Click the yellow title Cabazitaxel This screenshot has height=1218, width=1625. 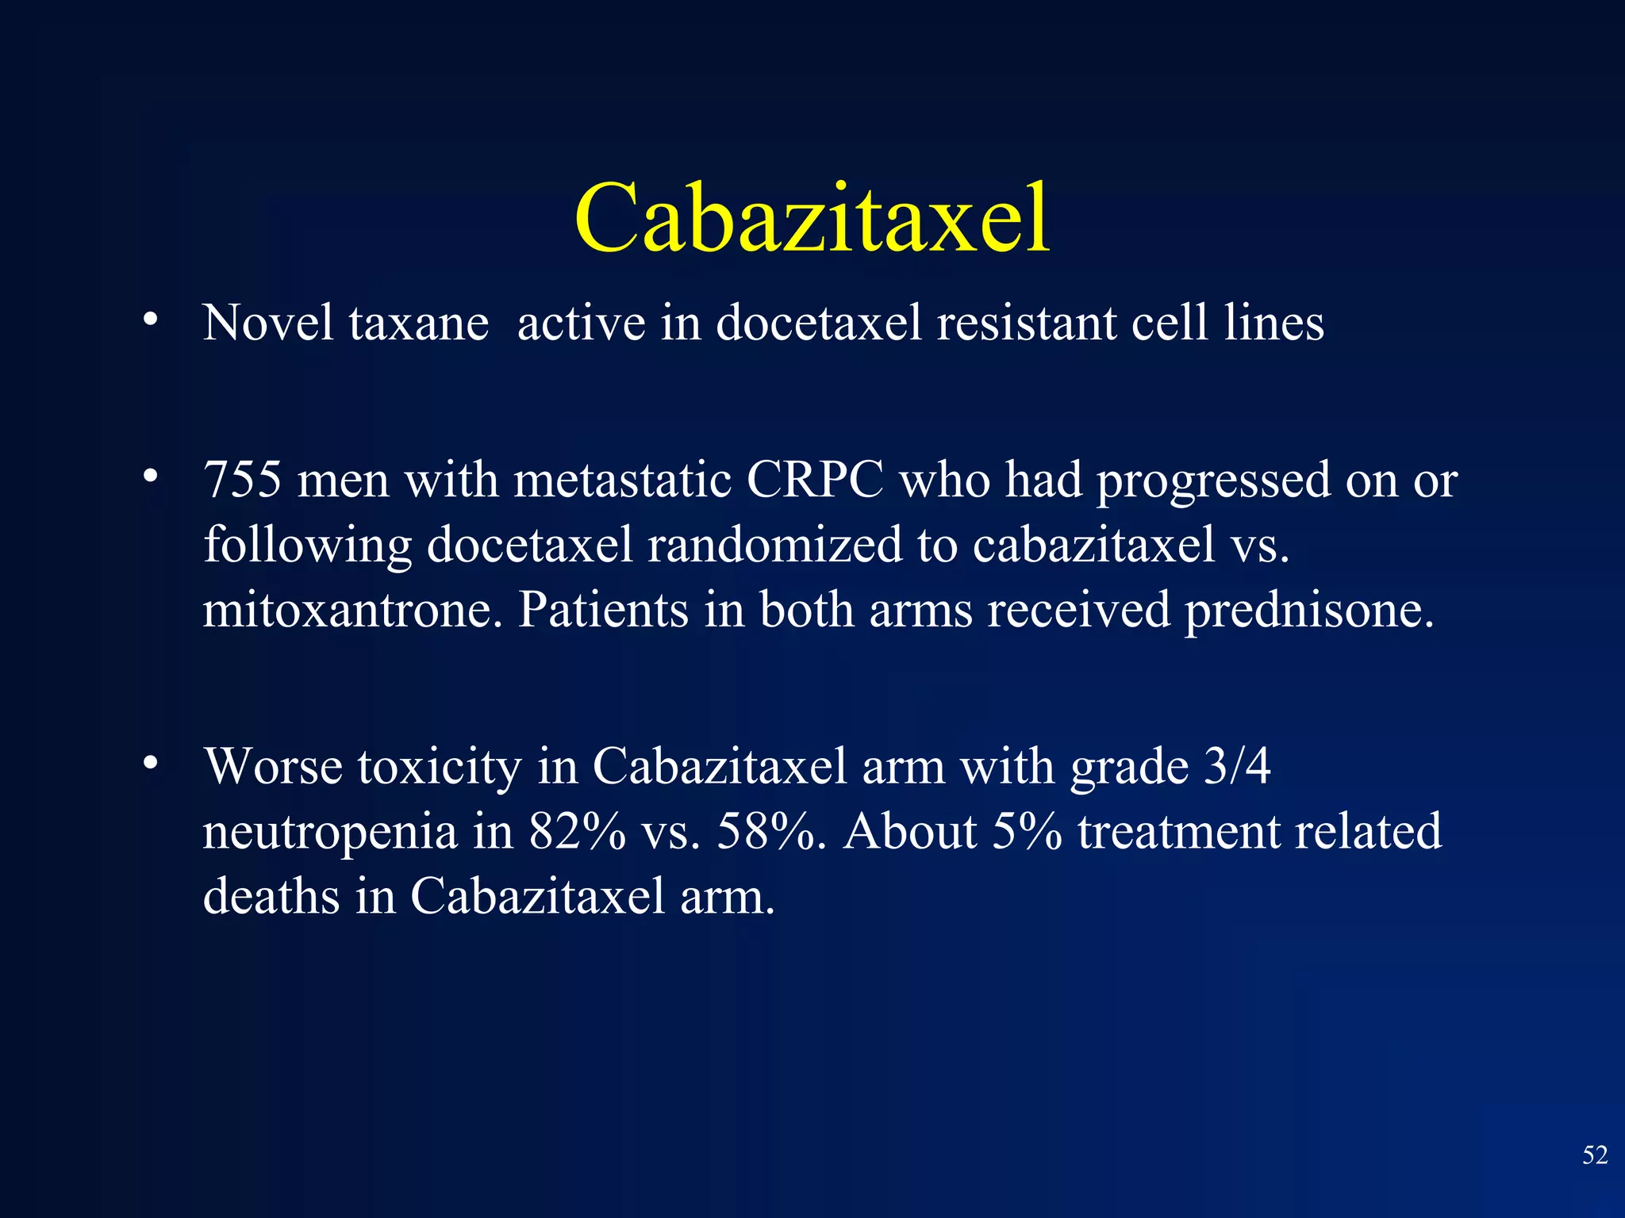812,217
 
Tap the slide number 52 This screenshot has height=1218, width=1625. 1595,1155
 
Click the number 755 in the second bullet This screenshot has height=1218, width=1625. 242,481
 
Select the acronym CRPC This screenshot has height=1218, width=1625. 814,481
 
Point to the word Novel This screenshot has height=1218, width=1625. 267,324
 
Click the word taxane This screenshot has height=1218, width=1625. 419,324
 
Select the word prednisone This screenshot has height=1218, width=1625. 1309,611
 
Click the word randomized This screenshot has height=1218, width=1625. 774,546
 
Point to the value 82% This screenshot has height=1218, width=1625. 577,833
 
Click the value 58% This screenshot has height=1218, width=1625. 766,833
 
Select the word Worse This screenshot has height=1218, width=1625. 273,768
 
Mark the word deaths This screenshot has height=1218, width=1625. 271,898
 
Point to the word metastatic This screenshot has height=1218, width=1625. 622,481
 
